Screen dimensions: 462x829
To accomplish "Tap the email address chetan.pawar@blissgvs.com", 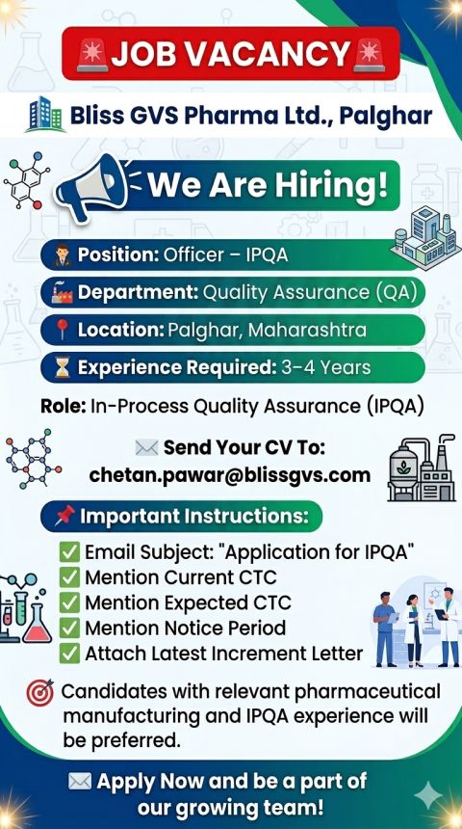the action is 230,475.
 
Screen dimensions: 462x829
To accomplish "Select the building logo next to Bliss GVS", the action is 45,114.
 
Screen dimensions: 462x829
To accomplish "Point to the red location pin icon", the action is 63,330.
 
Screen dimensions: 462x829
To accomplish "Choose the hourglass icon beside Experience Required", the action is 63,367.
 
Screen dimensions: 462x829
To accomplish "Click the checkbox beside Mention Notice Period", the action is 69,628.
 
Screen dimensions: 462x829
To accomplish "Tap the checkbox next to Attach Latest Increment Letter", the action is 69,654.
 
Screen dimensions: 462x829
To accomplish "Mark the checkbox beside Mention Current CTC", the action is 69,577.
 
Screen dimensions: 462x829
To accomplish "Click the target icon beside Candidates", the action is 40,692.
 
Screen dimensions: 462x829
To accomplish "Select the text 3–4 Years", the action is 325,367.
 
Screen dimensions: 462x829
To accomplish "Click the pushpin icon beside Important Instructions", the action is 64,516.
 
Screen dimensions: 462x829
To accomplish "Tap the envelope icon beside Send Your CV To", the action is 146,448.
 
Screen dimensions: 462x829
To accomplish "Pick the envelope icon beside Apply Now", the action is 80,782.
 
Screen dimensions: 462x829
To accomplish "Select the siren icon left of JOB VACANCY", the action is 92,55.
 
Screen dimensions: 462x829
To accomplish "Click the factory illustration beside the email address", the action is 422,468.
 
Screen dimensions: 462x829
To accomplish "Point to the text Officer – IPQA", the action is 226,254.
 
